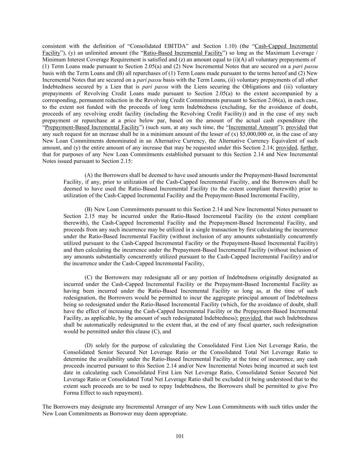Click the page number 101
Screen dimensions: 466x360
point(180,436)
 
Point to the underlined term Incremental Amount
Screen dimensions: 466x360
point(253,127)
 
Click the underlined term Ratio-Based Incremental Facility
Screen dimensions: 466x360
point(183,53)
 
